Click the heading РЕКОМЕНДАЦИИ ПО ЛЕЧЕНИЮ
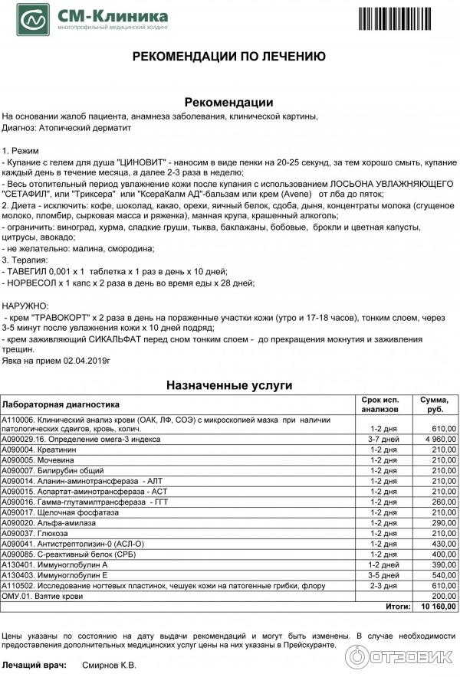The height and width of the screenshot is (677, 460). coord(230,56)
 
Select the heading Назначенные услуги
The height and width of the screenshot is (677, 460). coord(230,385)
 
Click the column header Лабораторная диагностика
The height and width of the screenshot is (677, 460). coord(61,404)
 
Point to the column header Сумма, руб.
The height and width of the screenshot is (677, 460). coord(434,404)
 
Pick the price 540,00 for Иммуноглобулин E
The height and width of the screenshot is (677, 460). coord(442,574)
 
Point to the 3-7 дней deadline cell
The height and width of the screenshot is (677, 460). coord(383,440)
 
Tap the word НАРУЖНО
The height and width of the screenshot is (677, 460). coord(25,305)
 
